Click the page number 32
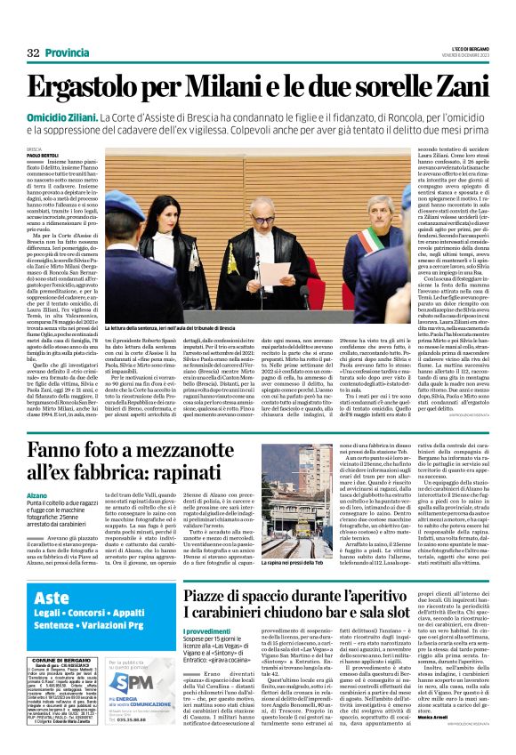(33, 54)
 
